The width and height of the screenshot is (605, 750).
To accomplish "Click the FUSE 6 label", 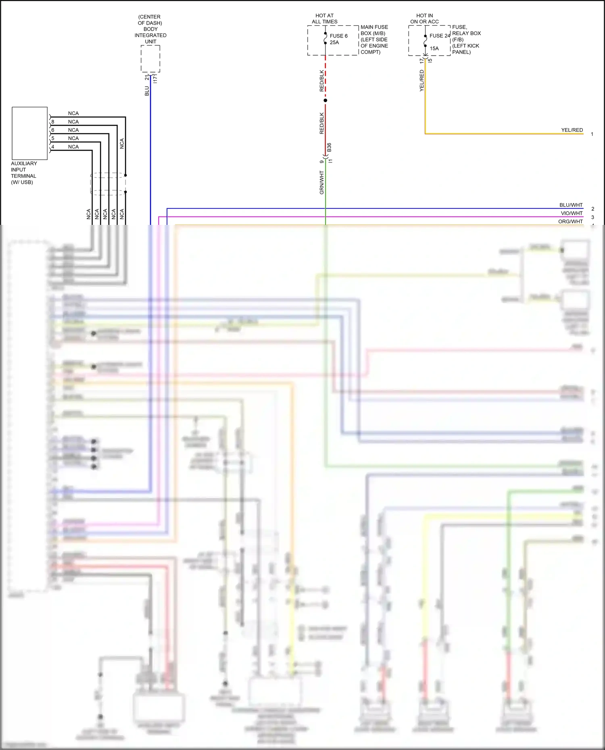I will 338,36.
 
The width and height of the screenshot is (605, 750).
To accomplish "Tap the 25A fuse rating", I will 334,42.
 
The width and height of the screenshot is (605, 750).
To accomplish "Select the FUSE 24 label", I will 440,36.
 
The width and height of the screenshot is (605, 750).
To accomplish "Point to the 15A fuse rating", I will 434,48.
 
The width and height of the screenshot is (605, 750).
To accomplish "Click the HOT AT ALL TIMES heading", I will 325,19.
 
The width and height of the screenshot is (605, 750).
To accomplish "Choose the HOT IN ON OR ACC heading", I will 424,19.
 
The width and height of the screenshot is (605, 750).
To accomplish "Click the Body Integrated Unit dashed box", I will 150,59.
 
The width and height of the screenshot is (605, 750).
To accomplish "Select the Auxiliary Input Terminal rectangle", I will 30,133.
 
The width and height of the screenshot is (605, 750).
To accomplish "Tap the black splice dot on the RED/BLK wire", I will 325,100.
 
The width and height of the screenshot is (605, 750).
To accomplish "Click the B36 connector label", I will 329,147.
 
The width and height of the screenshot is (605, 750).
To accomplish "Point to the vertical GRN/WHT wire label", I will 322,182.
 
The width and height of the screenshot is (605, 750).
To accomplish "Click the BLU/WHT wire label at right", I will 571,205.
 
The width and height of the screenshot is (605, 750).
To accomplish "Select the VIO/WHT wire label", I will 572,213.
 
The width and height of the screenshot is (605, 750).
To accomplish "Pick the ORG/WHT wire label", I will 570,221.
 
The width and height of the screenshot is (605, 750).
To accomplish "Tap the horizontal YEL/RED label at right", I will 572,130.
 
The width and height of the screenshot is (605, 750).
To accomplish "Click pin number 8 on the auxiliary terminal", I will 53,122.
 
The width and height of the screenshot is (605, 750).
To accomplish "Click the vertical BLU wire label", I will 147,91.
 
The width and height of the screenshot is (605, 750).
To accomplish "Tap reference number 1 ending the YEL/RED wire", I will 592,134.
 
